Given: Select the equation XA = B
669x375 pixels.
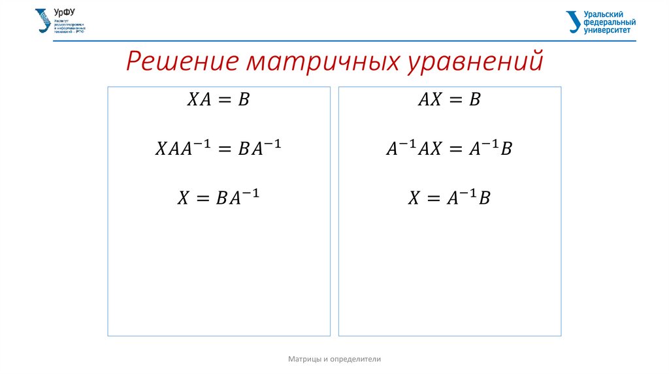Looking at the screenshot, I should point(219,100).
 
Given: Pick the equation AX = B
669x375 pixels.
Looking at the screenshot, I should point(449,100).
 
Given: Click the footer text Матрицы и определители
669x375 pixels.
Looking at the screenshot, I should point(334,359).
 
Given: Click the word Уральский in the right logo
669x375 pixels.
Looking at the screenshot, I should point(602,14).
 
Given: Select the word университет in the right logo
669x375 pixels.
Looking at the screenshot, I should point(608,30).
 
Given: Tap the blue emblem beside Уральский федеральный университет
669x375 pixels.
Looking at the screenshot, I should point(573,22).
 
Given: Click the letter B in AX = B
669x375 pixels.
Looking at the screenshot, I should point(475,100).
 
